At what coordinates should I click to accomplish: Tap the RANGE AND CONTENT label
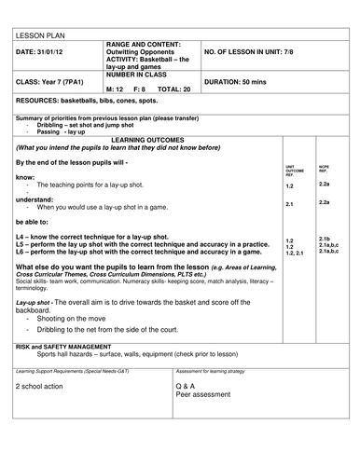click(147, 44)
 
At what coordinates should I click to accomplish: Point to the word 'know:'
click(25, 177)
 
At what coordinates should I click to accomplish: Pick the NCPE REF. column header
click(324, 170)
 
